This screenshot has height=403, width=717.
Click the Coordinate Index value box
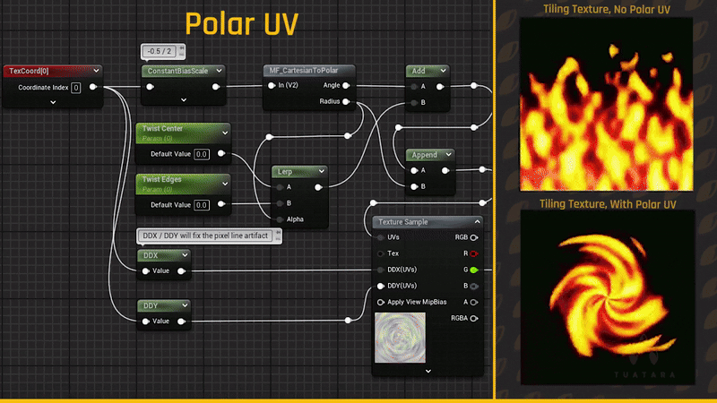[x=76, y=88]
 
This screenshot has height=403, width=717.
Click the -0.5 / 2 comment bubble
[x=163, y=50]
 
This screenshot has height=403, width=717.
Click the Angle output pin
[x=346, y=86]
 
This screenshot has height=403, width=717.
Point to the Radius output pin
[x=346, y=102]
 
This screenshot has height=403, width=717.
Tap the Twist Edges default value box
[x=202, y=205]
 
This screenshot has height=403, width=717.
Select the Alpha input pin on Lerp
[x=280, y=219]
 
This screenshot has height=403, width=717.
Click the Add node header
[x=427, y=71]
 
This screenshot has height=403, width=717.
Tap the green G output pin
[x=473, y=270]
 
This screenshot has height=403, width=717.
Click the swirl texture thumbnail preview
[x=402, y=338]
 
